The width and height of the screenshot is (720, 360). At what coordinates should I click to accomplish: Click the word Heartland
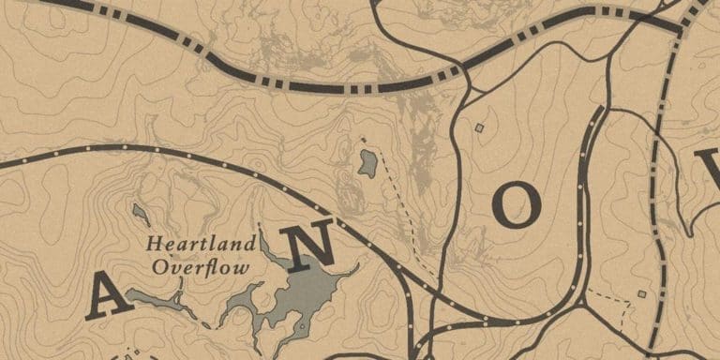click(201, 245)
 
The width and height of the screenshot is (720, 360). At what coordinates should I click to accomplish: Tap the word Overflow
click(201, 267)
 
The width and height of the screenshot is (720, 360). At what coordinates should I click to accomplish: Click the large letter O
click(517, 205)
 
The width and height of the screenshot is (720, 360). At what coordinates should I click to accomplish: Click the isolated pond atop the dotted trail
click(367, 163)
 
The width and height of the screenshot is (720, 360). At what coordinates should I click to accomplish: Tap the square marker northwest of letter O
click(479, 127)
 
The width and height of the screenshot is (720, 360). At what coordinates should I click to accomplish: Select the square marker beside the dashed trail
click(642, 294)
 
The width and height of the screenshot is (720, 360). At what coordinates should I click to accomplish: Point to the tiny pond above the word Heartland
click(140, 215)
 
